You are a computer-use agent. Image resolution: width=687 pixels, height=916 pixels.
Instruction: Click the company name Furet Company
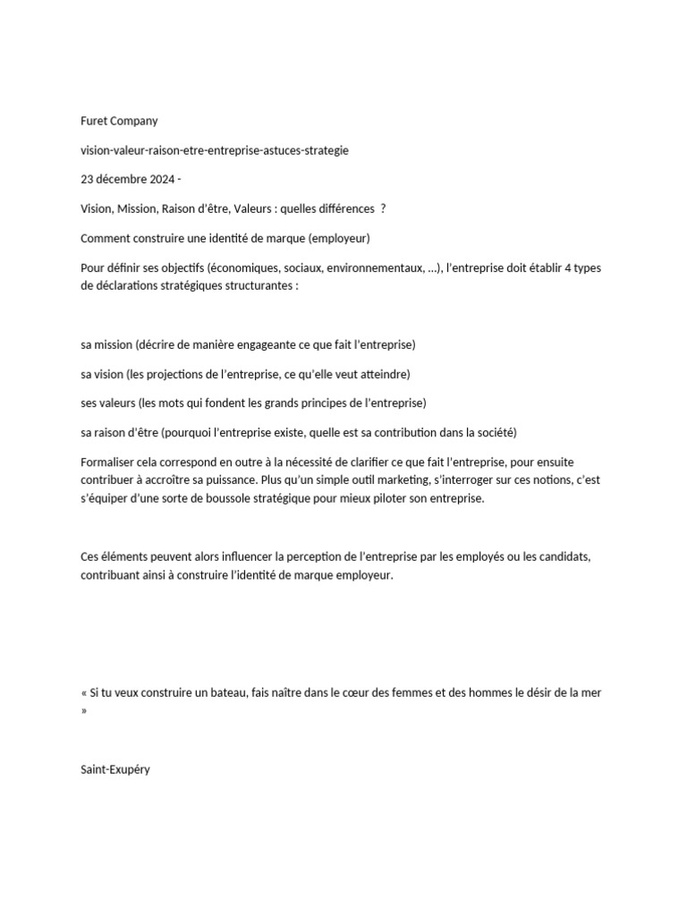tap(118, 122)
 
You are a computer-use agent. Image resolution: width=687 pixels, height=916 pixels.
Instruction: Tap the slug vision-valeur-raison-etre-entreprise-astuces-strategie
tap(214, 150)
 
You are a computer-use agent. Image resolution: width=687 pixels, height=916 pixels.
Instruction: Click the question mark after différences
tap(384, 208)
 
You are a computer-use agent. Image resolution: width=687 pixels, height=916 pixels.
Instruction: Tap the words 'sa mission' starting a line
tap(106, 344)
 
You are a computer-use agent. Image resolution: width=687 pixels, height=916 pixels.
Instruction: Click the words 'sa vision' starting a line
tap(101, 374)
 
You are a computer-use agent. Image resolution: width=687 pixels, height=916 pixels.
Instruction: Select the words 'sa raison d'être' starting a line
tap(119, 432)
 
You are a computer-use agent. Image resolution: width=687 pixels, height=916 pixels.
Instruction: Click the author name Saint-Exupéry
tap(115, 768)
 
